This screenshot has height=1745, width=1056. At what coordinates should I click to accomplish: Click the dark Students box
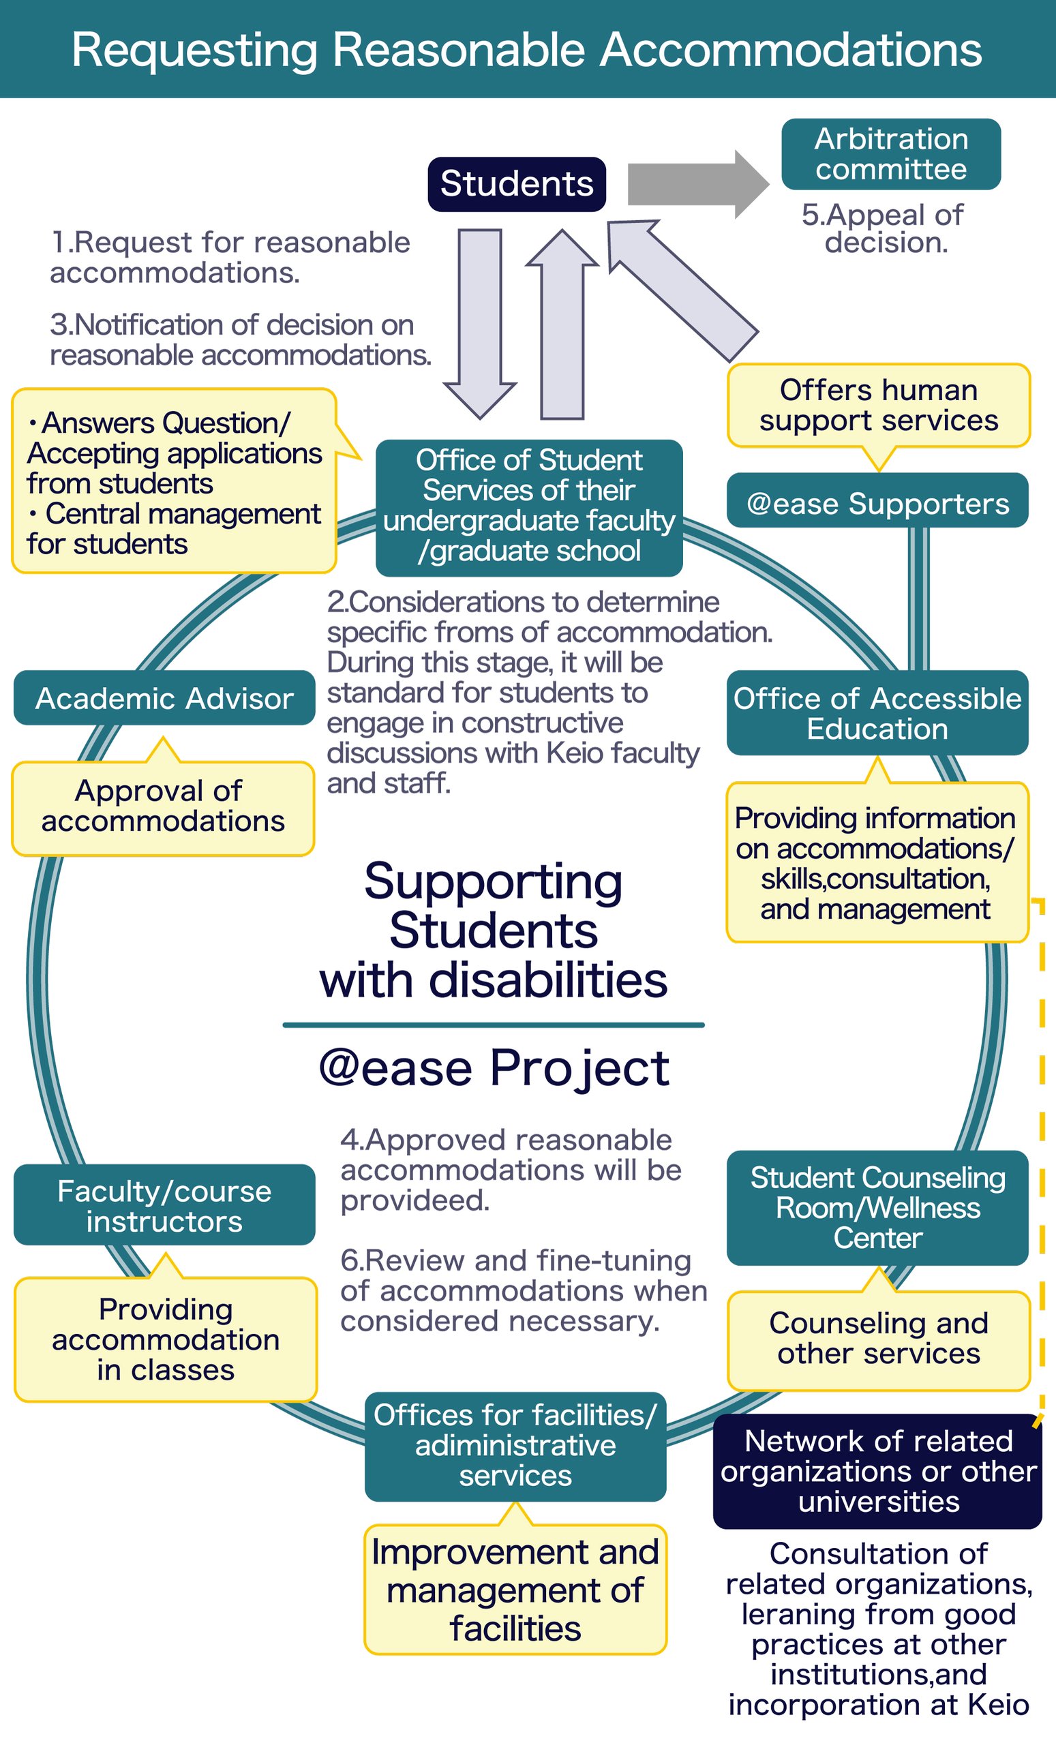click(x=516, y=184)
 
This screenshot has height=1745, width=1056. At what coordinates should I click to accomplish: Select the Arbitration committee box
click(x=890, y=154)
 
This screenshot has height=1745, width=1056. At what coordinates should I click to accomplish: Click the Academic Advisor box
click(x=164, y=697)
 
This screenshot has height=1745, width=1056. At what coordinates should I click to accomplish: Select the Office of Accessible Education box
click(x=877, y=712)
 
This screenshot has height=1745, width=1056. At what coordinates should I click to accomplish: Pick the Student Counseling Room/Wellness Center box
click(x=877, y=1207)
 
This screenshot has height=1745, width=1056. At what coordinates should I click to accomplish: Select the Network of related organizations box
click(x=877, y=1471)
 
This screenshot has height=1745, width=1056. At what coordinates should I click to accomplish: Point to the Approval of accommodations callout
click(x=163, y=807)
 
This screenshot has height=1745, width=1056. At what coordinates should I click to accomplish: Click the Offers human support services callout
click(x=878, y=405)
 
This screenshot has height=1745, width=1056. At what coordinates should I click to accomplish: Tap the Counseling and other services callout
click(x=878, y=1339)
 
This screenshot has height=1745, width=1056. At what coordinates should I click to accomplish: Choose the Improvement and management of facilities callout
click(x=515, y=1590)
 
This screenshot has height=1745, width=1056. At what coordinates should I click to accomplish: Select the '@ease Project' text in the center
click(x=494, y=1068)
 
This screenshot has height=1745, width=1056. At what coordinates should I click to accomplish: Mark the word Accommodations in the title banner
click(x=791, y=50)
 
